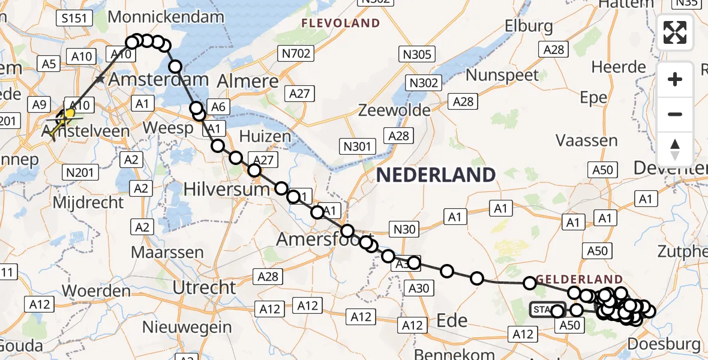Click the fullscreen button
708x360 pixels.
[x=675, y=32]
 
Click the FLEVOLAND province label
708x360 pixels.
[x=340, y=23]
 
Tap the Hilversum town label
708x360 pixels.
[x=226, y=189]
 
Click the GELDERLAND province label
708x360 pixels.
[x=579, y=279]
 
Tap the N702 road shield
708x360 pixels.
[x=296, y=54]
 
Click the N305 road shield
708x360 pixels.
[x=418, y=55]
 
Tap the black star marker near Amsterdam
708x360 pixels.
[x=100, y=79]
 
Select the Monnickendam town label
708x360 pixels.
[x=166, y=17]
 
